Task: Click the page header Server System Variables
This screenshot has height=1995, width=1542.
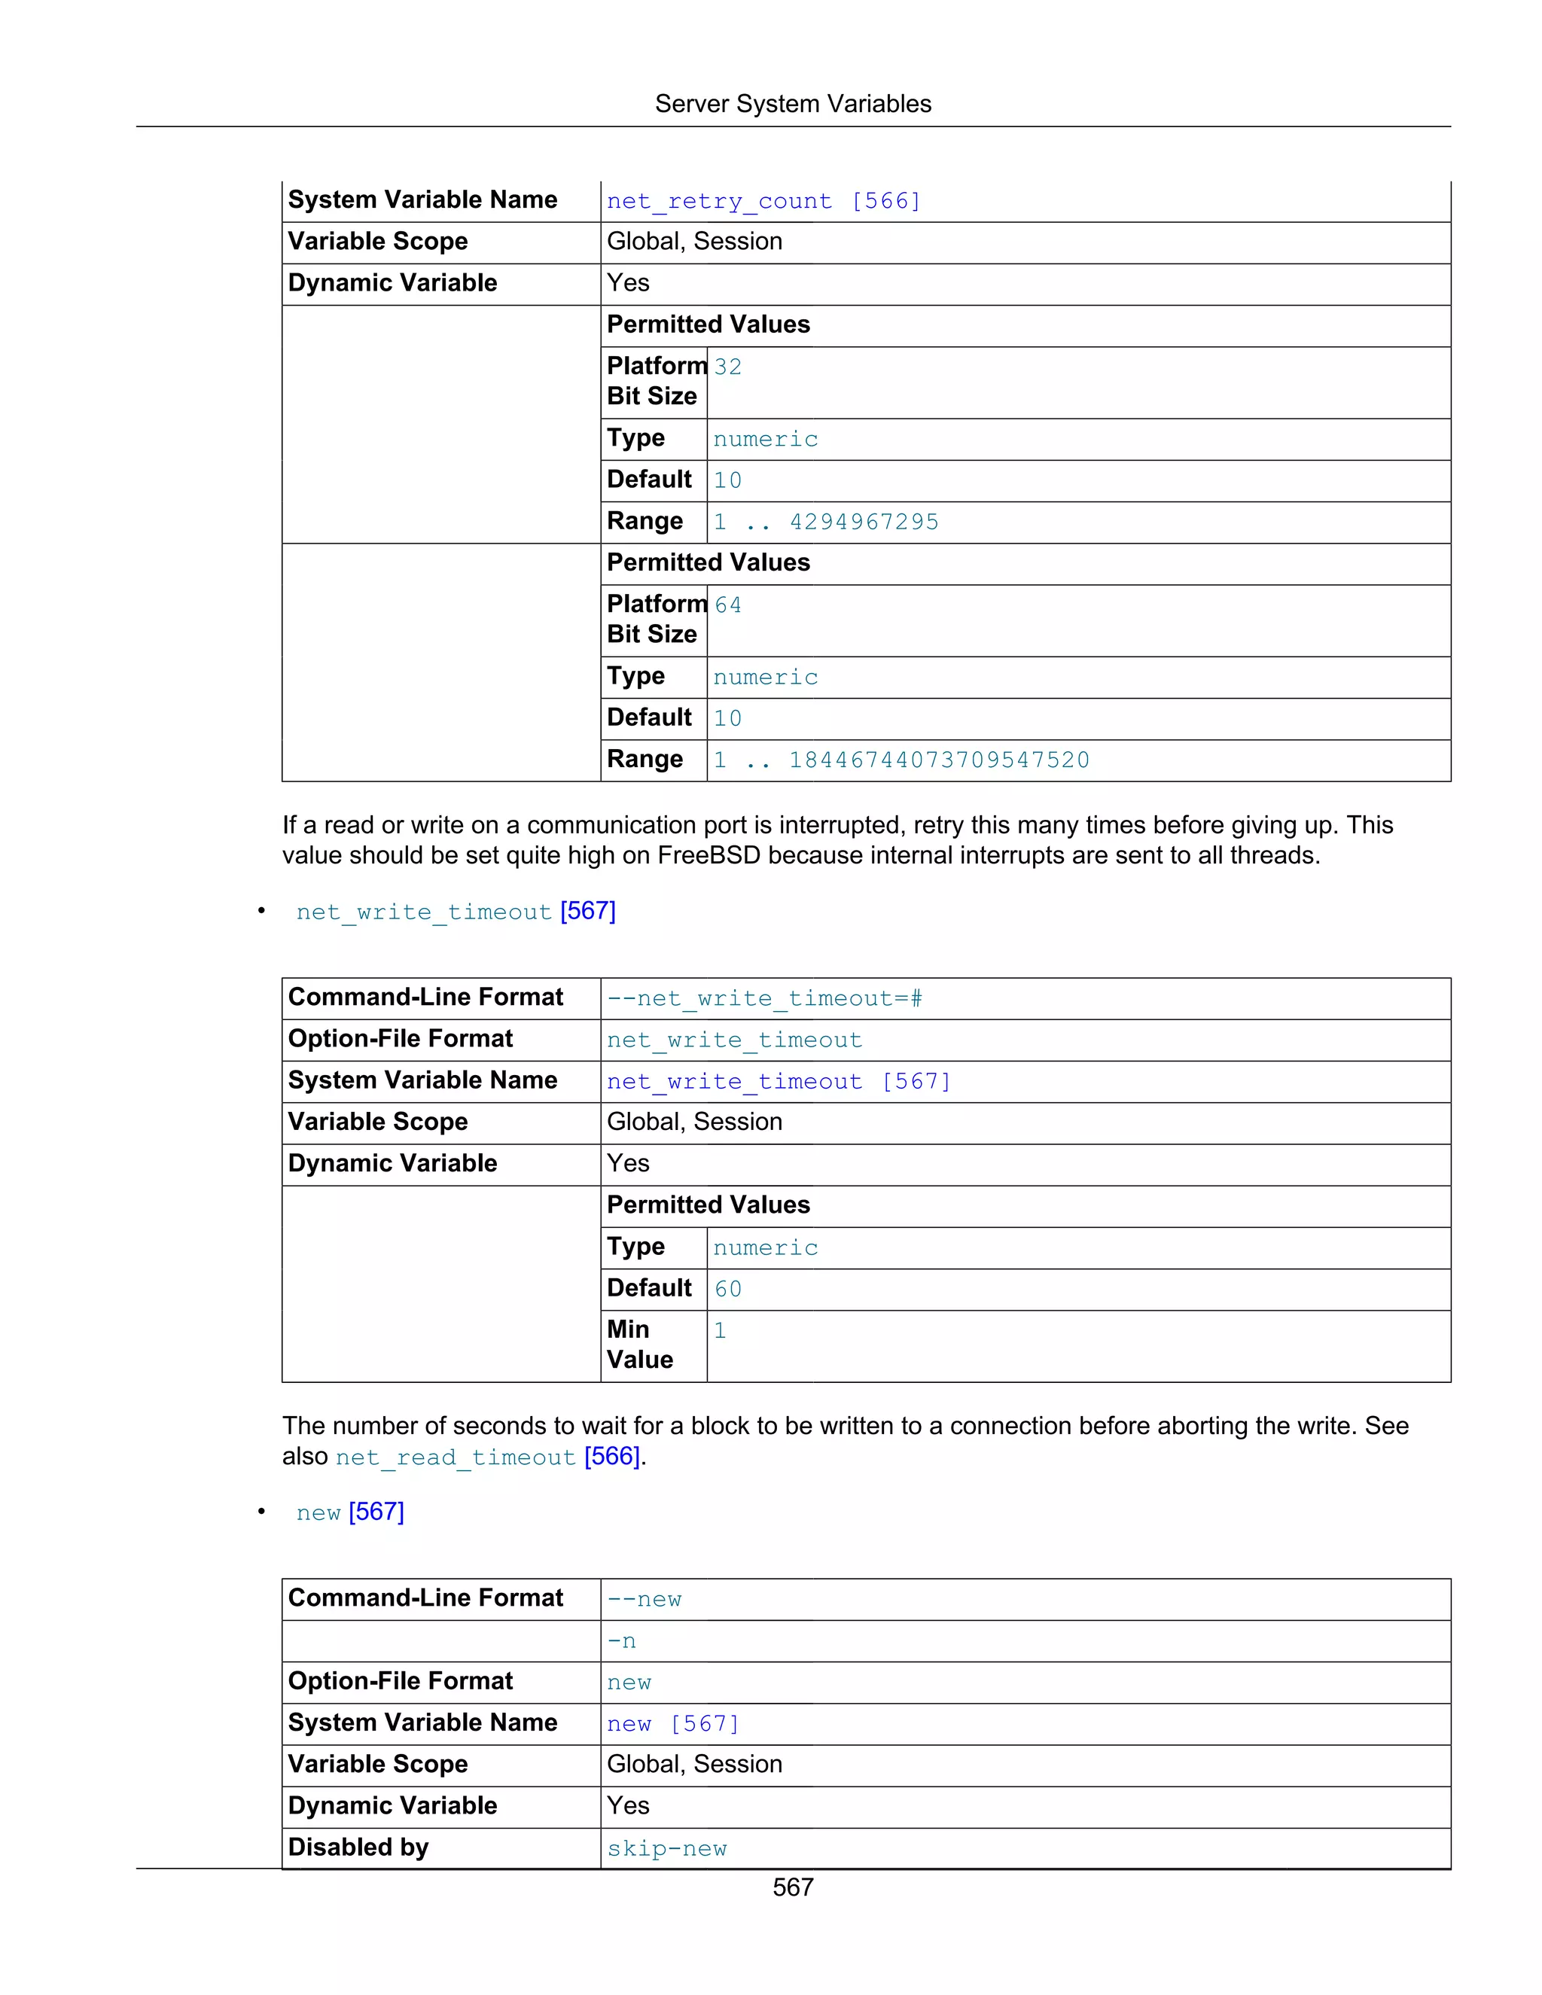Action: (x=792, y=104)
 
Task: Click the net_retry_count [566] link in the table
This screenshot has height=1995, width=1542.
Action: (x=763, y=201)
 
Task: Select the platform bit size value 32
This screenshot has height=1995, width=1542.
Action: (x=728, y=367)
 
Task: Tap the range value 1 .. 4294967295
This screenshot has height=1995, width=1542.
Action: (x=826, y=522)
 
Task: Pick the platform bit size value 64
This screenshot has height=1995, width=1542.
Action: (x=728, y=605)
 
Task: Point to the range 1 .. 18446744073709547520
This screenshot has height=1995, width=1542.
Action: (x=901, y=760)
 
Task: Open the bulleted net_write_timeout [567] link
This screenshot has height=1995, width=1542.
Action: (x=455, y=912)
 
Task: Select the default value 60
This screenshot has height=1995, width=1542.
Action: (x=728, y=1289)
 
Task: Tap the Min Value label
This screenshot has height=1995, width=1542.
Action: (x=639, y=1345)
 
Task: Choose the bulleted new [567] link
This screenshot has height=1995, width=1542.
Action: (x=350, y=1512)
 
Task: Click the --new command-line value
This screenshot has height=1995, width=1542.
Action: (x=644, y=1600)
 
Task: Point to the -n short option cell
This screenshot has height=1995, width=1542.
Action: (x=621, y=1641)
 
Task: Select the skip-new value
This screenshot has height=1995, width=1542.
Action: (x=667, y=1849)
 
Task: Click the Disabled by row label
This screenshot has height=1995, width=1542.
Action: (x=358, y=1848)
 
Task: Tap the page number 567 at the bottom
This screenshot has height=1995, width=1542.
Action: (x=792, y=1887)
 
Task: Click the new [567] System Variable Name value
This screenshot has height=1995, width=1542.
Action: (x=672, y=1724)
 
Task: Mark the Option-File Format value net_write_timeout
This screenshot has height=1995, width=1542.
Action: (x=733, y=1040)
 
